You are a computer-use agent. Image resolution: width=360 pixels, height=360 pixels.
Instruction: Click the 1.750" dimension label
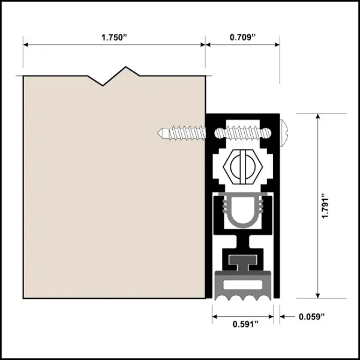coord(115,37)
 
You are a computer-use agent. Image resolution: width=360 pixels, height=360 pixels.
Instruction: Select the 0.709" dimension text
coord(242,37)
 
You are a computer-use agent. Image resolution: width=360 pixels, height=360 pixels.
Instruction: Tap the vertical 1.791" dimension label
coord(325,206)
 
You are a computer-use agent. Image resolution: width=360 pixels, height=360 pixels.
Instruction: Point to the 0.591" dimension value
coord(245,325)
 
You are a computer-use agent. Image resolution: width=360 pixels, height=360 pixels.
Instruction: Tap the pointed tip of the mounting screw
coord(158,133)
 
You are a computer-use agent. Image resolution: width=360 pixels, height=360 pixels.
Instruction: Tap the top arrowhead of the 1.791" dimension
coord(317,116)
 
